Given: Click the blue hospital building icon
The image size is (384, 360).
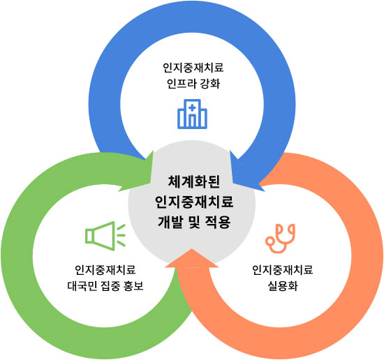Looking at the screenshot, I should (x=192, y=114).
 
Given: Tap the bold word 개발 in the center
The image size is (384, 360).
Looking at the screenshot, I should (x=172, y=222).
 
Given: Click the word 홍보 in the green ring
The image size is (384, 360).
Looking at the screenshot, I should (x=133, y=285).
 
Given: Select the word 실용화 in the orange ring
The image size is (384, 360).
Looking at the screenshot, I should (x=282, y=285).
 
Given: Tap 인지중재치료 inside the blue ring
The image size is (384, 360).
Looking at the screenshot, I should (x=192, y=68).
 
